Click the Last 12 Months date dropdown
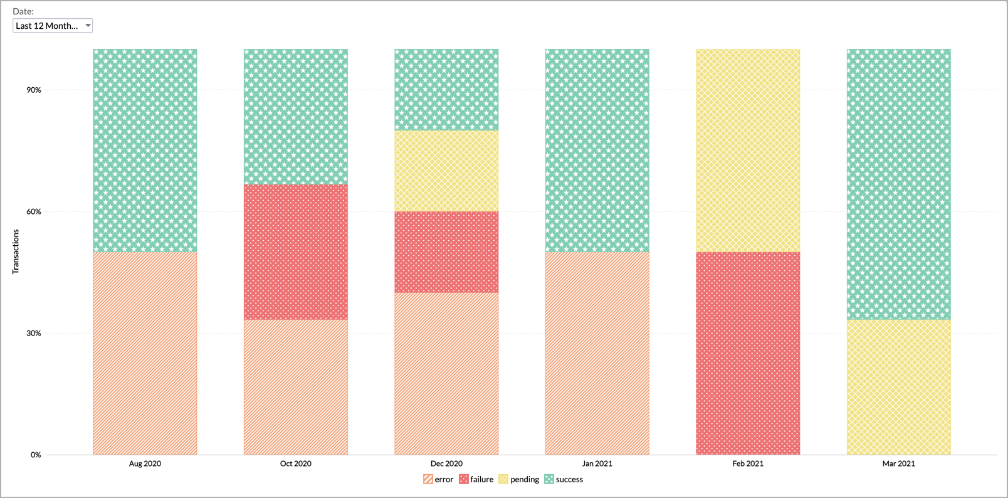point(53,26)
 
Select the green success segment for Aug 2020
point(145,151)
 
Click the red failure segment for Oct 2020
point(295,252)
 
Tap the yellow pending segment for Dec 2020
point(446,171)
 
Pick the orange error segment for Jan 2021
point(597,353)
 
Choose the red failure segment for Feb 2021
point(748,353)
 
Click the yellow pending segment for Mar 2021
point(898,387)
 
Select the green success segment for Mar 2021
point(898,184)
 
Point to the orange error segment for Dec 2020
point(446,373)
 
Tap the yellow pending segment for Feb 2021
point(748,151)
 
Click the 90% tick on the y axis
point(34,90)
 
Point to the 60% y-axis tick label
point(34,211)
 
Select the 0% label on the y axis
point(36,455)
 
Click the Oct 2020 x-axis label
point(295,464)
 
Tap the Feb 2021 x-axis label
point(748,464)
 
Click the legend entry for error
point(439,479)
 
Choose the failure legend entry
point(476,479)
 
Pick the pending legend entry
point(519,479)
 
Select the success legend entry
point(564,479)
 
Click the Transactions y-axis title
point(16,252)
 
